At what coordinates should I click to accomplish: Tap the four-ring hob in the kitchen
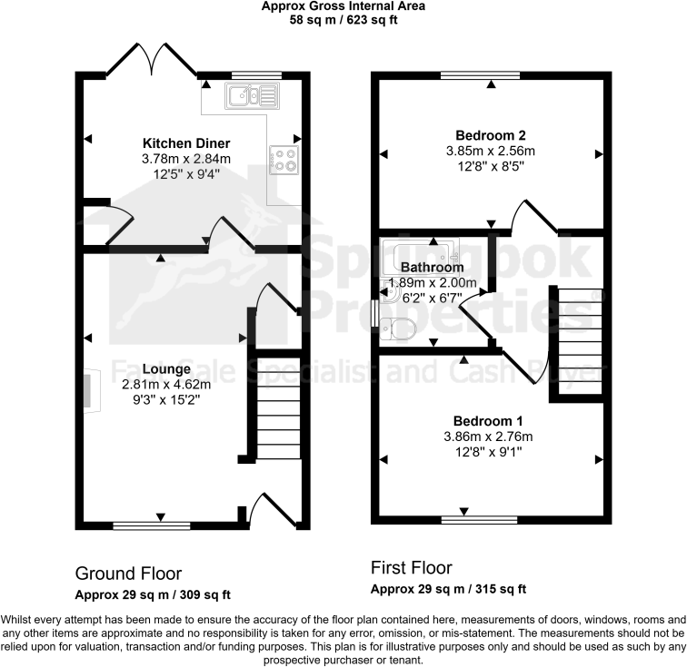(x=283, y=161)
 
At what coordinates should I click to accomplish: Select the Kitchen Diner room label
(x=186, y=143)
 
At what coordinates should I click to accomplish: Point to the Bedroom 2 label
(x=490, y=135)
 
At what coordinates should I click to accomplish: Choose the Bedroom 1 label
(x=488, y=421)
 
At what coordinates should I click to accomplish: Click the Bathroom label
(x=433, y=268)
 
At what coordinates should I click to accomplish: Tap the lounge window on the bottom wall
(x=151, y=525)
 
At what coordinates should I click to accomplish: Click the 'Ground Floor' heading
(x=128, y=574)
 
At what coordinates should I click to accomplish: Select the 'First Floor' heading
(x=411, y=568)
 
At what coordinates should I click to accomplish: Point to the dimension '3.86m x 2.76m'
(x=488, y=436)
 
